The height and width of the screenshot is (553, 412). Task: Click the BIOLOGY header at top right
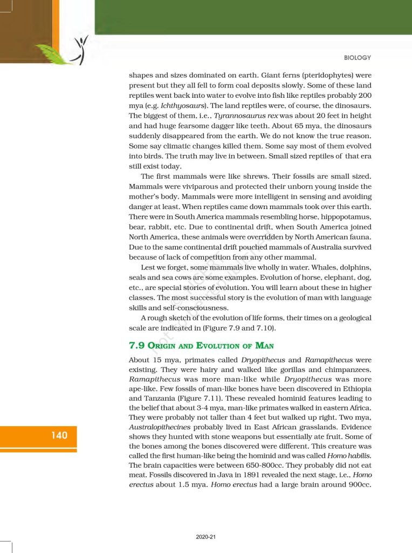357,58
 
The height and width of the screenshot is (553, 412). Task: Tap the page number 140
59,435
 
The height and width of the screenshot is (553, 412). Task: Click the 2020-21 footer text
206,537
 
